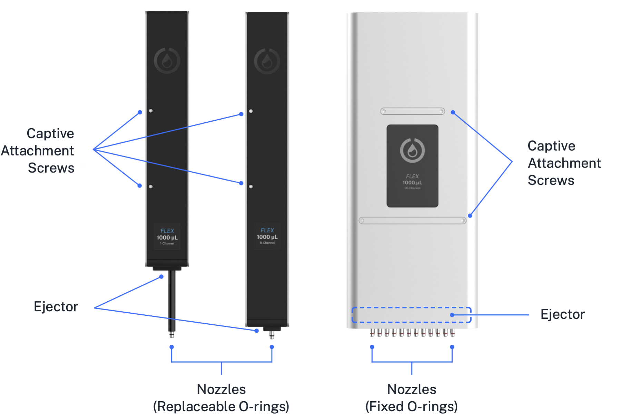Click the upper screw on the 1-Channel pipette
(151, 111)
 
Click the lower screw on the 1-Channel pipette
(151, 186)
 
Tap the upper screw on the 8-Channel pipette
(251, 111)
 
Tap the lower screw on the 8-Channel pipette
(251, 186)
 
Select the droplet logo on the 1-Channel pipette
(167, 61)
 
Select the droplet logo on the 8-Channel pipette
(267, 61)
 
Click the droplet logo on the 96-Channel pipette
(412, 150)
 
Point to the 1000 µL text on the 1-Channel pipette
(167, 237)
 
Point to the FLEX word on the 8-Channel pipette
(267, 230)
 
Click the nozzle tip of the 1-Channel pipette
(172, 335)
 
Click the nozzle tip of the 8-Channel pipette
(272, 335)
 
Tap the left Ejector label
(56, 307)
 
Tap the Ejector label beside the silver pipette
(563, 314)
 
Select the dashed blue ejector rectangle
(411, 315)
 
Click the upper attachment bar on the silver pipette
(412, 111)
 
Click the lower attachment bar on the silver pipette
(412, 221)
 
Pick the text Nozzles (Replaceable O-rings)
(221, 398)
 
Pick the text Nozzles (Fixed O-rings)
(412, 398)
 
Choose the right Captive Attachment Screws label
(564, 163)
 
